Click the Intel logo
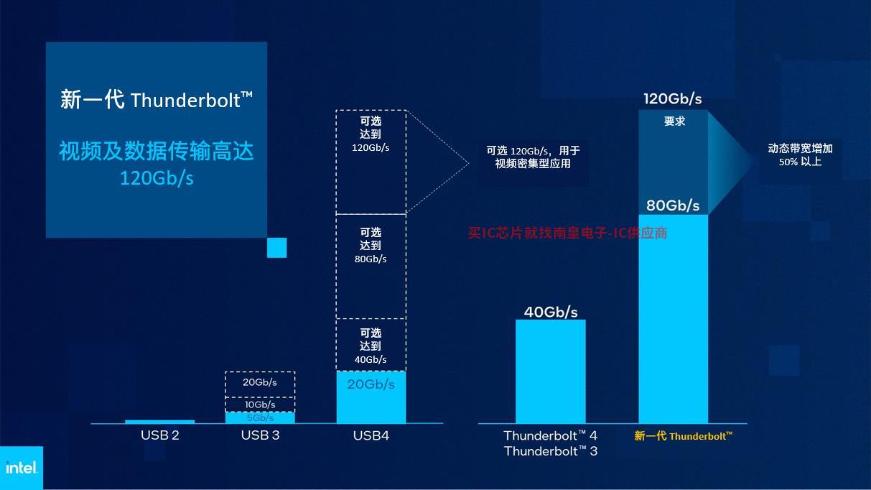coord(22,468)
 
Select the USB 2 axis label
coord(160,435)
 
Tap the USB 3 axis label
coord(260,435)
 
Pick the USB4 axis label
coord(371,435)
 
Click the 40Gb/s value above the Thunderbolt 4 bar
coord(551,312)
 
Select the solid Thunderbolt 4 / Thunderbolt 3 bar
coord(551,371)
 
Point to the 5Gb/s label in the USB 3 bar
coord(260,418)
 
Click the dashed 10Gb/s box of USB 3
coord(260,405)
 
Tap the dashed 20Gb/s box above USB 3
coord(260,384)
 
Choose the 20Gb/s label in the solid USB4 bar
coord(371,384)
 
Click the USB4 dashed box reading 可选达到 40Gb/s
coord(371,345)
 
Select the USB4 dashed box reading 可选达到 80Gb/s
coord(371,267)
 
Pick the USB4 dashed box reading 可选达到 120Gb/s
coord(371,162)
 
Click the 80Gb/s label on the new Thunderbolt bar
coord(673,205)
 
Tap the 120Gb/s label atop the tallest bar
coord(673,99)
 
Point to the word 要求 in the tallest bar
coord(674,121)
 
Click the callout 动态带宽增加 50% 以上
coord(800,155)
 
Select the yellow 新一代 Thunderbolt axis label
coord(683,436)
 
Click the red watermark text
coord(567,233)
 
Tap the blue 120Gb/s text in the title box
coord(157,178)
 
